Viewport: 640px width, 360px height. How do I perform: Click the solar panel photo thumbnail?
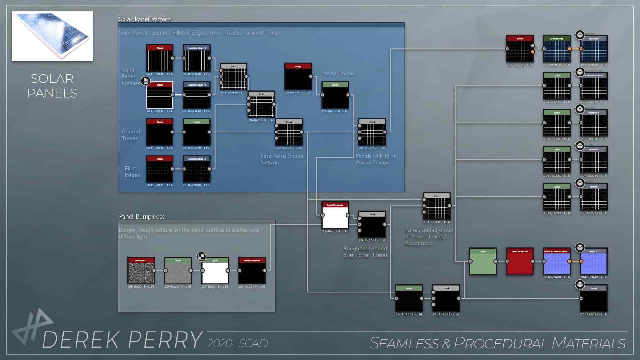52,36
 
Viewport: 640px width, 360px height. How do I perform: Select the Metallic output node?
594,197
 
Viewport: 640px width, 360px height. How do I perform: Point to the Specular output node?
594,160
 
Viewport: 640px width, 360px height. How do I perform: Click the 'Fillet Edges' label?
132,172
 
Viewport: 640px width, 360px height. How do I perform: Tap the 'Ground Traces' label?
131,135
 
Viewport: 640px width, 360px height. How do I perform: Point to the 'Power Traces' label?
338,73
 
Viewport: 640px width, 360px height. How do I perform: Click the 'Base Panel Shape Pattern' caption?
282,159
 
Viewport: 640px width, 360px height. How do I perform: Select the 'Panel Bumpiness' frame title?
142,217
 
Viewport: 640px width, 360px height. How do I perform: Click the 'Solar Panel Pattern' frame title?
145,19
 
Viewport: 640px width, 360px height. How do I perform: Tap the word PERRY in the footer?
165,340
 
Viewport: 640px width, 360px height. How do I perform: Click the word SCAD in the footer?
253,343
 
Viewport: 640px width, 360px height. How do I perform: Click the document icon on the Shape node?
146,81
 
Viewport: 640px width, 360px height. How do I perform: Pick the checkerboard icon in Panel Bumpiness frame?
201,257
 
